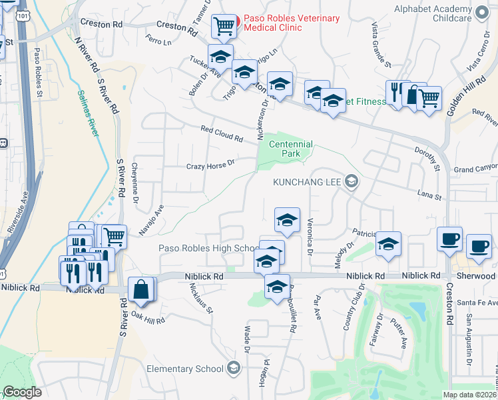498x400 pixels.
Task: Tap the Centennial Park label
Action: tap(290, 149)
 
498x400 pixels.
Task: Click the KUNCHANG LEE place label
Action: tap(310, 181)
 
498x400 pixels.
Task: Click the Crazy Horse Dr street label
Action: tap(211, 164)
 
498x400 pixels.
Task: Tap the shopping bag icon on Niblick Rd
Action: tap(141, 289)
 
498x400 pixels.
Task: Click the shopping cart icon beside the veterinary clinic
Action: tap(224, 27)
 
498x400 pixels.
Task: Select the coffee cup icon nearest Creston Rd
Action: tap(449, 239)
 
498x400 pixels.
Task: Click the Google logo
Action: tap(22, 392)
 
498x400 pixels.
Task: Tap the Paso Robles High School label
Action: tap(208, 249)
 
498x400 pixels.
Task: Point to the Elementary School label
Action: tap(185, 369)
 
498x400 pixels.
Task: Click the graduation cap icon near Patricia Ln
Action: tap(388, 244)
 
